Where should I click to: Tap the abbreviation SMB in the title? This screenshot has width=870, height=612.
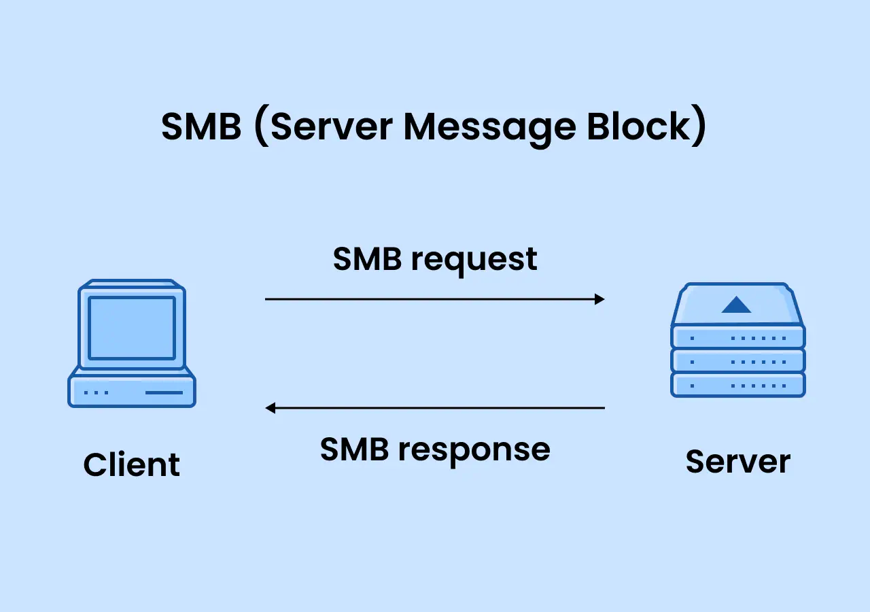201,126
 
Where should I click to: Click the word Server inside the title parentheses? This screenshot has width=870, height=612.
332,126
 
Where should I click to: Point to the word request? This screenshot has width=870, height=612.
474,261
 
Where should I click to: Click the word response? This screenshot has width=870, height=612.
474,452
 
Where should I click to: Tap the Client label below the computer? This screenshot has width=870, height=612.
132,464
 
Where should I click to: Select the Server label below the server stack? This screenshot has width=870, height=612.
738,462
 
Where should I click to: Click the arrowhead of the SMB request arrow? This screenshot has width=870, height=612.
599,299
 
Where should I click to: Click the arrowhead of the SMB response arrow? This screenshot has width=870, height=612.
271,408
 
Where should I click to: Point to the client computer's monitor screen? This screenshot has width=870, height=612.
132,328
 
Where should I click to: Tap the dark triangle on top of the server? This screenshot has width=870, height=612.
736,305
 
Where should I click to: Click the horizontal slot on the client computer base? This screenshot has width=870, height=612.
164,392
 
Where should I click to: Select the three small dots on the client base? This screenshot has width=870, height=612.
97,392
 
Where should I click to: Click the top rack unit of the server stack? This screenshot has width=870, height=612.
738,337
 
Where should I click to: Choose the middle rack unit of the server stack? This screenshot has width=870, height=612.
738,361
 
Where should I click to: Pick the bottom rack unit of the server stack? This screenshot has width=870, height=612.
738,385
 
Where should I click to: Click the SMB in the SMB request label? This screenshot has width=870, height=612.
367,259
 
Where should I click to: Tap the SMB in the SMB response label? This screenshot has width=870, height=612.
354,449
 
